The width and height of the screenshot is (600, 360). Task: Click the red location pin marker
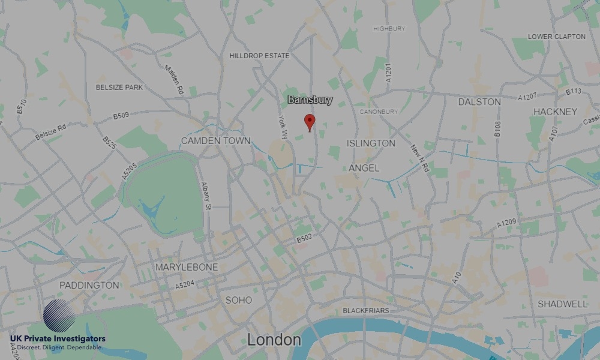[310, 122]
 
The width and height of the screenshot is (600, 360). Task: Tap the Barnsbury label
[310, 100]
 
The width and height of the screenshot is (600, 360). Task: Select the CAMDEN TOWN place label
[215, 141]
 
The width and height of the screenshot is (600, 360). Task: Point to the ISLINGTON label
[371, 143]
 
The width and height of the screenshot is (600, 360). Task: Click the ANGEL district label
[364, 169]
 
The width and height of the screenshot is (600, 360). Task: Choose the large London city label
[274, 340]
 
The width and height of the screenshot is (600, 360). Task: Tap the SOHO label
[238, 300]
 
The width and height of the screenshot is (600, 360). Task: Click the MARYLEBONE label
[187, 267]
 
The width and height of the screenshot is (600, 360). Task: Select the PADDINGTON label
[89, 285]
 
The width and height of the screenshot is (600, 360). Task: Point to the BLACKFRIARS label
[365, 311]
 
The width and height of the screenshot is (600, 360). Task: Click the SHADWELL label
[562, 304]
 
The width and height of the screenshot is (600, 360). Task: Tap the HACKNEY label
[555, 112]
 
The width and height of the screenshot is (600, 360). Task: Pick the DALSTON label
[479, 102]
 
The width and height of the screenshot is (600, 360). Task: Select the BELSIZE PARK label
[119, 88]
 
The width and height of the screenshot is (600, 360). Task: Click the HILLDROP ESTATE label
[259, 56]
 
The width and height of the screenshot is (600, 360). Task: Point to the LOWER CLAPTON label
[556, 37]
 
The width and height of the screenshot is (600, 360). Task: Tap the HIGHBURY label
[389, 29]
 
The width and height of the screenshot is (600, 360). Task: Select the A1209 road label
[506, 223]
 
